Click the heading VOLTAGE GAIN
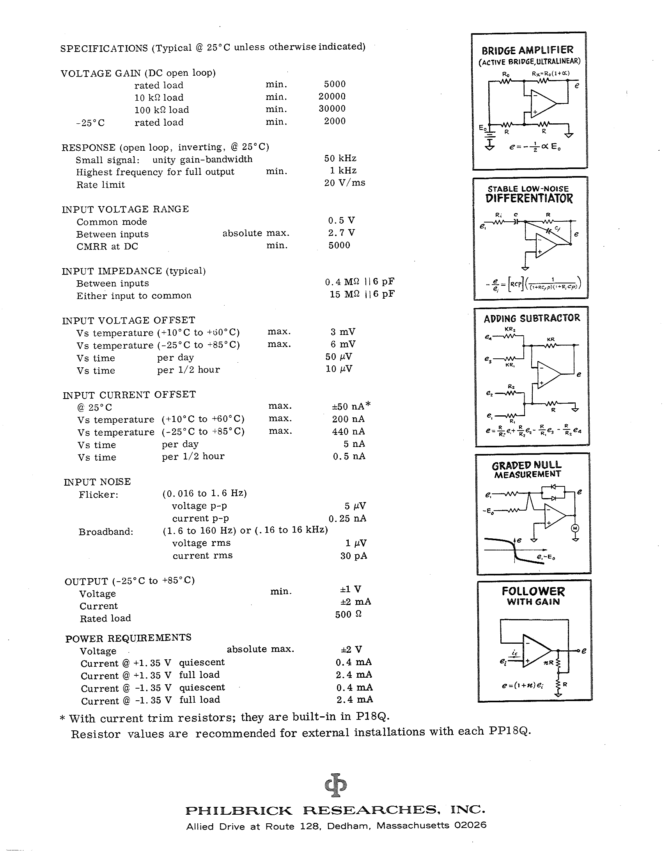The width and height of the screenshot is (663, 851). pyautogui.click(x=101, y=73)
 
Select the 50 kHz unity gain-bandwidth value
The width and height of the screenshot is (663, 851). pyautogui.click(x=340, y=158)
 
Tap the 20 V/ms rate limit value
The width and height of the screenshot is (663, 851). pyautogui.click(x=344, y=183)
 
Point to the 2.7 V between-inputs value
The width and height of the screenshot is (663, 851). pyautogui.click(x=341, y=233)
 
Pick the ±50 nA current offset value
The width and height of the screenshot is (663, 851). pyautogui.click(x=348, y=406)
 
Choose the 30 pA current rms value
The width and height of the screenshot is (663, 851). pyautogui.click(x=353, y=556)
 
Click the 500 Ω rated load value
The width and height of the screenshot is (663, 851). pyautogui.click(x=348, y=614)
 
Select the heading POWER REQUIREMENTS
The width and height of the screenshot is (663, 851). pyautogui.click(x=128, y=638)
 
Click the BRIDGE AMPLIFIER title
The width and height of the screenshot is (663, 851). pyautogui.click(x=527, y=50)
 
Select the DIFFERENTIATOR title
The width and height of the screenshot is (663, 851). pyautogui.click(x=529, y=198)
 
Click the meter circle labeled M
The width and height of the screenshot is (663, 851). pyautogui.click(x=575, y=528)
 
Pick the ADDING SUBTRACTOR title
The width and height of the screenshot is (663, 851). pyautogui.click(x=532, y=318)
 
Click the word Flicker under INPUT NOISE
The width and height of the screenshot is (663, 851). pyautogui.click(x=98, y=495)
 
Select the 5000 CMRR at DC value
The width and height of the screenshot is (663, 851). pyautogui.click(x=339, y=245)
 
